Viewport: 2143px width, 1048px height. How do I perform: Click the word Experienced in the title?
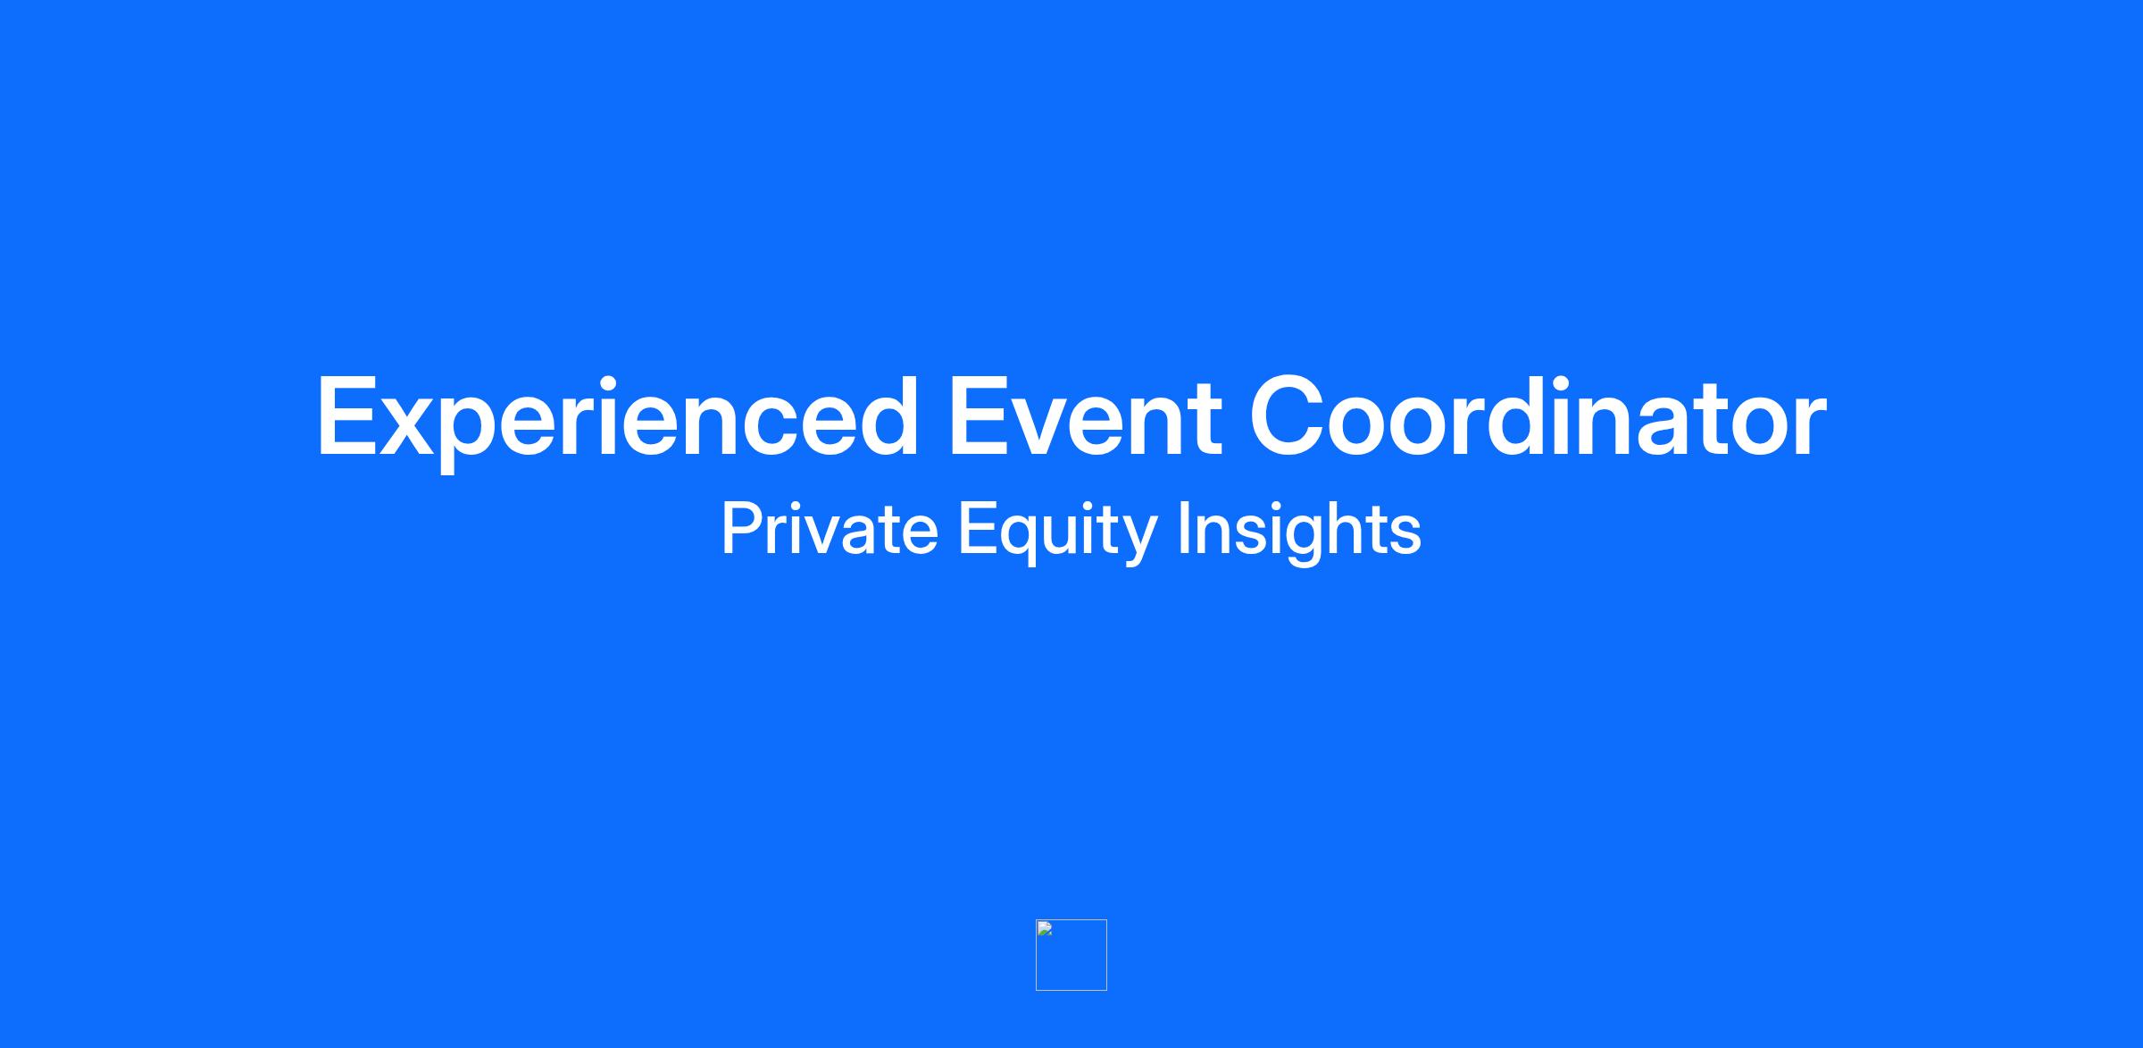pyautogui.click(x=617, y=419)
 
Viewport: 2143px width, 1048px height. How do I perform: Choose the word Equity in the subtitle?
pyautogui.click(x=1058, y=532)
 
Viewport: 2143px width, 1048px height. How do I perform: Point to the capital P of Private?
pyautogui.click(x=741, y=529)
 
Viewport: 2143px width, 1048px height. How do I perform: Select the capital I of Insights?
pyautogui.click(x=1183, y=529)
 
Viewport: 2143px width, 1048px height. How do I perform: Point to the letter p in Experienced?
pyautogui.click(x=479, y=435)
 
